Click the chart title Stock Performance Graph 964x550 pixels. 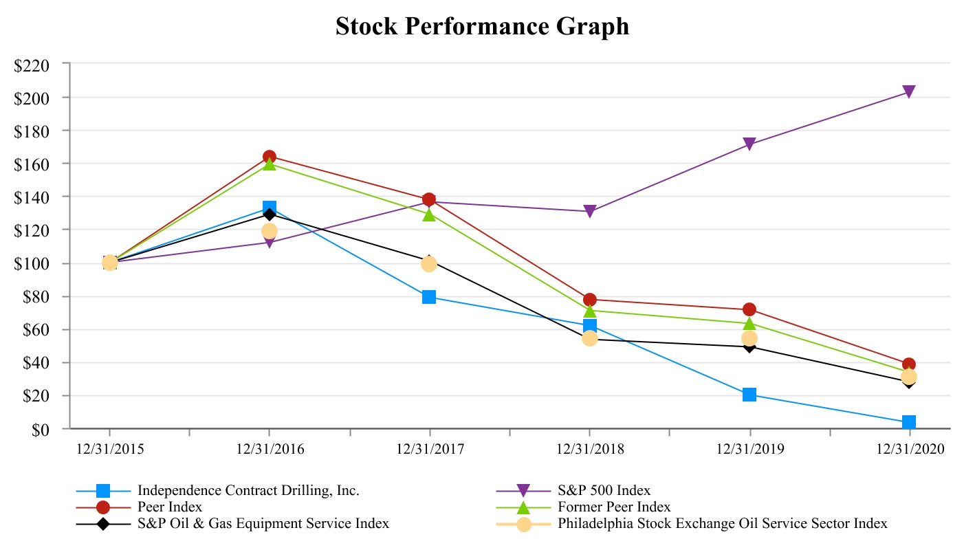(x=482, y=27)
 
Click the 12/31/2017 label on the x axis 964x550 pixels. (x=430, y=450)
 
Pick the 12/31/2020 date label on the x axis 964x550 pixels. (x=910, y=450)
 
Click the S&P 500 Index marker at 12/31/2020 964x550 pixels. (x=909, y=92)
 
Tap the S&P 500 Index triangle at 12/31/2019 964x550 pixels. (x=749, y=144)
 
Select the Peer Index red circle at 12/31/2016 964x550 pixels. (x=269, y=157)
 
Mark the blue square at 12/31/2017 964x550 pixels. (x=429, y=297)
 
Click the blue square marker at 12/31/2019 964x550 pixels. (x=749, y=395)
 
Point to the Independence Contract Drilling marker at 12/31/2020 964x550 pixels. (x=909, y=422)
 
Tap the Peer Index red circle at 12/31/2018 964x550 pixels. (x=589, y=300)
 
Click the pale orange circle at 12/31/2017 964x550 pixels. (x=429, y=264)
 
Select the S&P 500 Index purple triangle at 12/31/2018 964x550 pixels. (x=589, y=212)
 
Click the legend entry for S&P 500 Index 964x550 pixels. (x=604, y=491)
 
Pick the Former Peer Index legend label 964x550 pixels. (x=613, y=507)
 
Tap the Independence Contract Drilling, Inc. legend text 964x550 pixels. (x=248, y=491)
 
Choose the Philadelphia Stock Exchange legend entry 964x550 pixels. (x=722, y=524)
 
